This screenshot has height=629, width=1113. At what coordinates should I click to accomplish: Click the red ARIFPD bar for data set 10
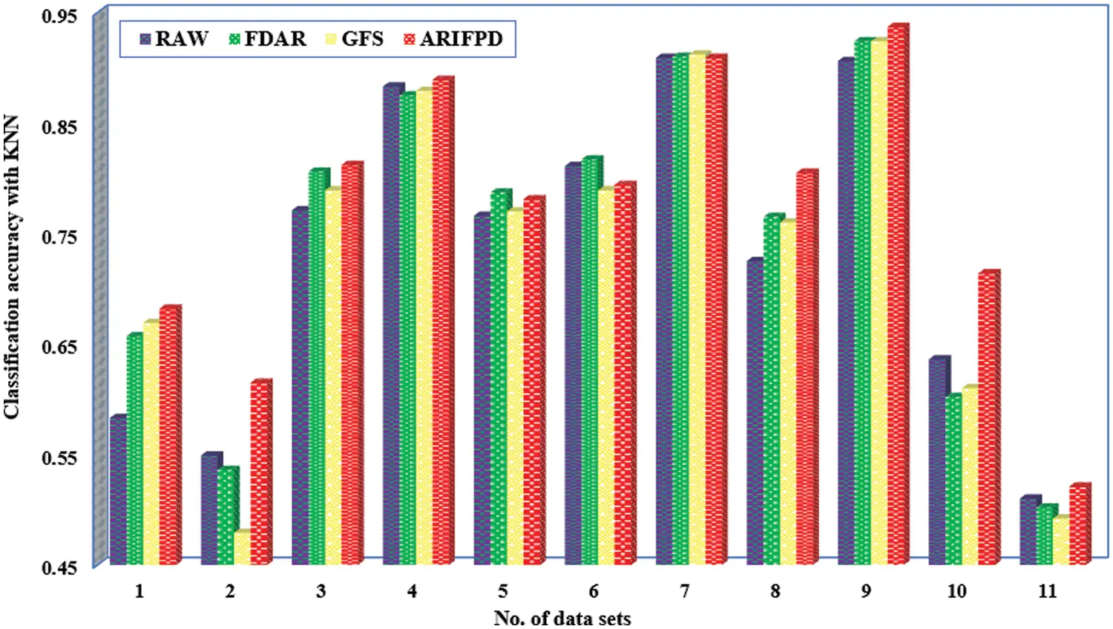pyautogui.click(x=987, y=420)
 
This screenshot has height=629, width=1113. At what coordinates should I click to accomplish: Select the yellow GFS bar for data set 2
pyautogui.click(x=241, y=550)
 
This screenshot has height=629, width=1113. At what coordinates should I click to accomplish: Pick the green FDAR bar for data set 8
pyautogui.click(x=771, y=390)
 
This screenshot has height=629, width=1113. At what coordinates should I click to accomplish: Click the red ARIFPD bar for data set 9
pyautogui.click(x=896, y=297)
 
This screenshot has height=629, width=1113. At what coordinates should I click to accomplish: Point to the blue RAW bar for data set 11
pyautogui.click(x=1028, y=531)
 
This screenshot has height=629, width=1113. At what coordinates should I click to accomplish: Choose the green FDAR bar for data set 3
pyautogui.click(x=316, y=368)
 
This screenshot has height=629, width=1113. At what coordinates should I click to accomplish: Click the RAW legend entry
pyautogui.click(x=174, y=39)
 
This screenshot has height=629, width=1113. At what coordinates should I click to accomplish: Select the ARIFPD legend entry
pyautogui.click(x=453, y=39)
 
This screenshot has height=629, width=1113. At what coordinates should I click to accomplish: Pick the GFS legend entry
pyautogui.click(x=355, y=39)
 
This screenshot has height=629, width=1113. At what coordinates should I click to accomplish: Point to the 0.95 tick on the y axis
pyautogui.click(x=59, y=16)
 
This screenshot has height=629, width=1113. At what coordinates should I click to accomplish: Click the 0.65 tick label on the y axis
pyautogui.click(x=59, y=347)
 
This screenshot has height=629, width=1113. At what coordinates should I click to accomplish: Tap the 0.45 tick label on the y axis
pyautogui.click(x=59, y=568)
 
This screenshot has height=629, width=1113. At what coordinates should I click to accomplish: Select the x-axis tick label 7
pyautogui.click(x=684, y=591)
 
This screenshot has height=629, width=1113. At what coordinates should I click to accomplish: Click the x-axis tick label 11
pyautogui.click(x=1047, y=591)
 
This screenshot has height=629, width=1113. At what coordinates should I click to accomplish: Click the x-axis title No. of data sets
pyautogui.click(x=562, y=618)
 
